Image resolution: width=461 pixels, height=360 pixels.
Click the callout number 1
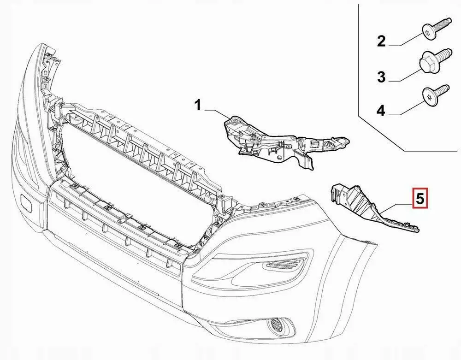tap(198, 105)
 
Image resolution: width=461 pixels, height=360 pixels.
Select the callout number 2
tap(381, 41)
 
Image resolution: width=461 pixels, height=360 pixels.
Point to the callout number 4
tap(381, 111)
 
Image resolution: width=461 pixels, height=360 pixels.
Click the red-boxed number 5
tap(420, 198)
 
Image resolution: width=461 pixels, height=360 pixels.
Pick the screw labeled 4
tap(436, 94)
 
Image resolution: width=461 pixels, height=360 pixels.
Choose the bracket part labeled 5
tap(371, 207)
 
